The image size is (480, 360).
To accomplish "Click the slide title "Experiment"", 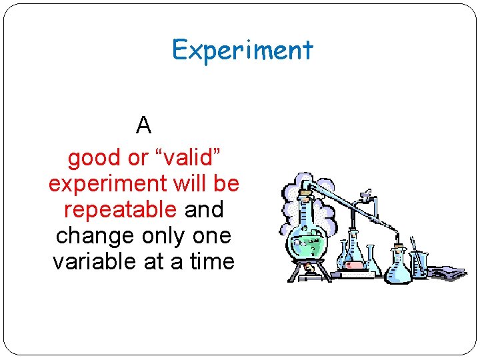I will [242, 50].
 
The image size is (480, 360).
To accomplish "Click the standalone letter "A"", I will [143, 125].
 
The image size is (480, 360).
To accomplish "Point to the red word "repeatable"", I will [120, 210].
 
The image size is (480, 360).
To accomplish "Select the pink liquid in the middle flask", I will [355, 265].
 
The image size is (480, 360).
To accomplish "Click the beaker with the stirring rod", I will [418, 263].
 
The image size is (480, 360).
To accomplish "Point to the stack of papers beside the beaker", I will [445, 272].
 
